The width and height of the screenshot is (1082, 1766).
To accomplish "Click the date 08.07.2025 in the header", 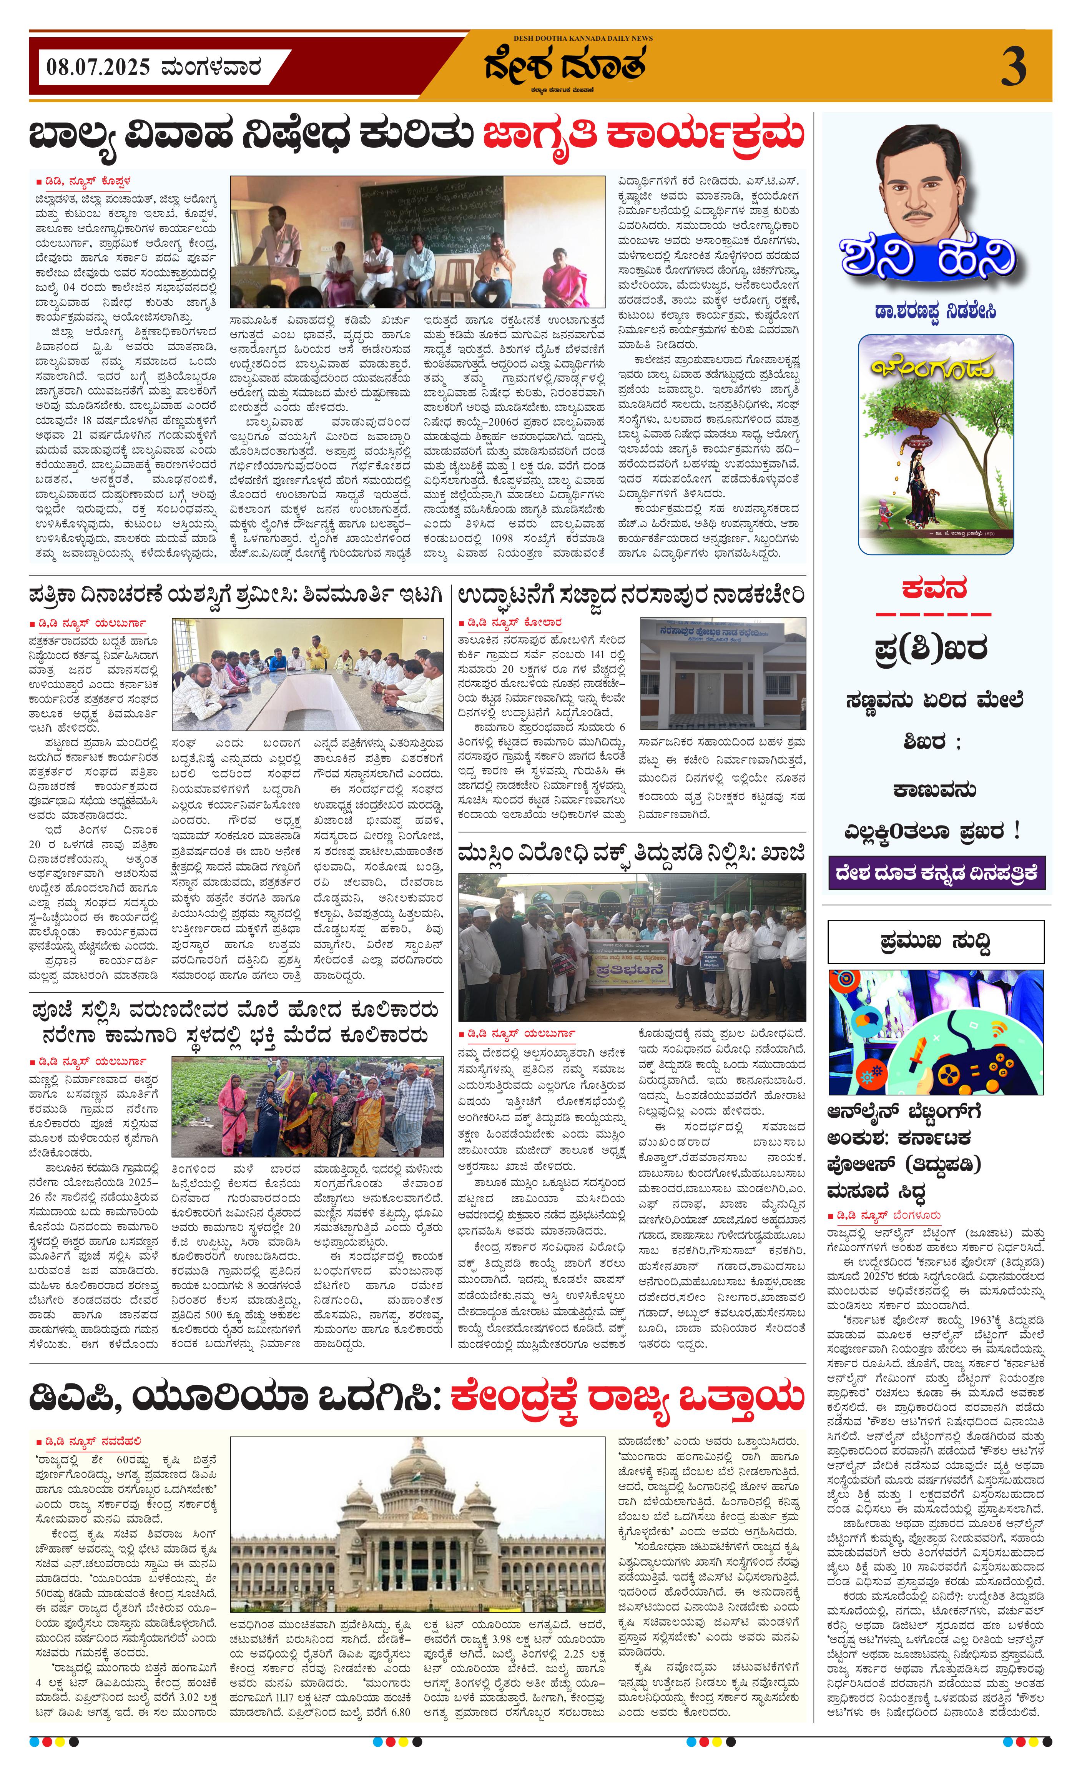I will pyautogui.click(x=98, y=68).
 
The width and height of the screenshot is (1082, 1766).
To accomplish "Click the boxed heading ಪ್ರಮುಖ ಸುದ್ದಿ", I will pyautogui.click(x=936, y=941).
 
